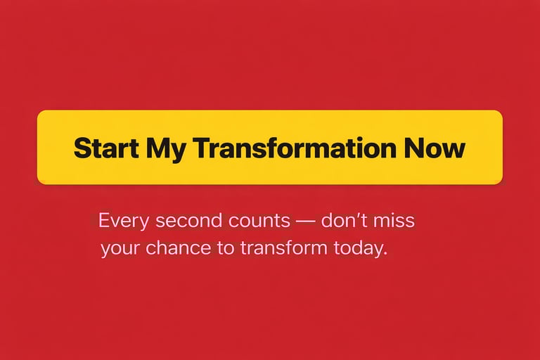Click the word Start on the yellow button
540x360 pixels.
[x=106, y=148]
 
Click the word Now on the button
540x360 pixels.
[x=435, y=148]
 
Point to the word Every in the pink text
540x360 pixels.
[x=124, y=221]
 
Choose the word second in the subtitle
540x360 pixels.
[x=188, y=221]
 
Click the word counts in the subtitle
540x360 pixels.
[x=259, y=221]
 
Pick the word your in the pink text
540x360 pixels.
[x=120, y=249]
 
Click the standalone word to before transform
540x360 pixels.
[x=226, y=249]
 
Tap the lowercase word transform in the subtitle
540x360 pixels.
[x=283, y=248]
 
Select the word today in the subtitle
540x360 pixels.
[x=356, y=249]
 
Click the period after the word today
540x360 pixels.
[x=385, y=254]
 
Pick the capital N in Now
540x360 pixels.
[x=413, y=148]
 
